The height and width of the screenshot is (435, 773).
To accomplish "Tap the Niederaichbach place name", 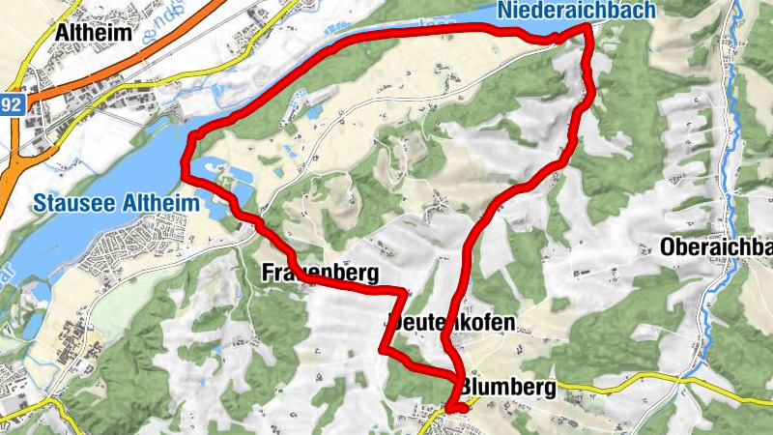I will (x=578, y=11).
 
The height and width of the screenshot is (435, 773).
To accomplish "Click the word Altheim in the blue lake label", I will (x=164, y=204).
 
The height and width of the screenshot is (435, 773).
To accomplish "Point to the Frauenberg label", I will (x=319, y=273).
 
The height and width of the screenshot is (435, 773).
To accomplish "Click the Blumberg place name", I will (x=508, y=388).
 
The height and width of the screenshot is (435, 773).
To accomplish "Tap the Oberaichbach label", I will (x=716, y=246).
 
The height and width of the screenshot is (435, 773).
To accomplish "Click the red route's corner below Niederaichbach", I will (x=587, y=30).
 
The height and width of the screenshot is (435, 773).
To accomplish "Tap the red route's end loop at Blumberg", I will (x=457, y=407).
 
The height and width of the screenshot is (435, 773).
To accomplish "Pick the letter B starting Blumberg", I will (x=468, y=388).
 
